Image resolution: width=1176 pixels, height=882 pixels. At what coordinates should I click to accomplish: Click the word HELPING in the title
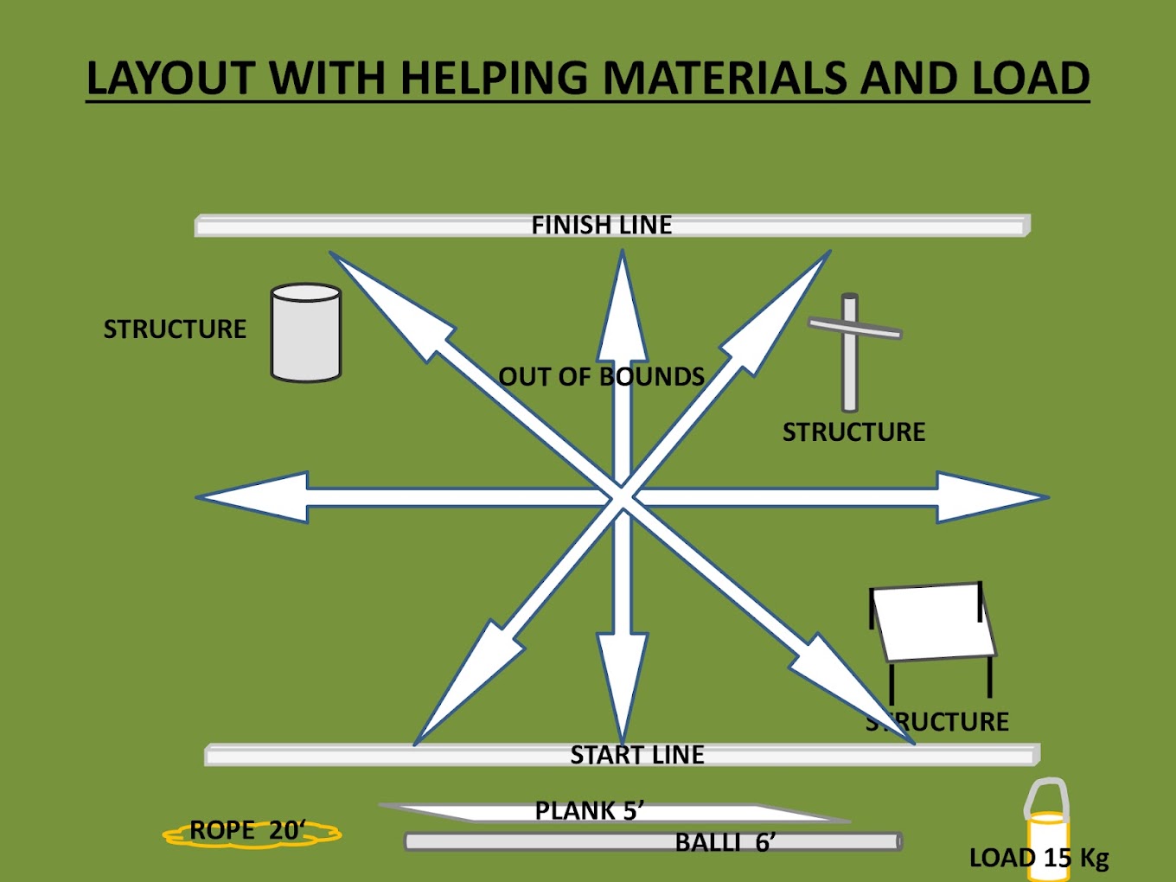point(495,79)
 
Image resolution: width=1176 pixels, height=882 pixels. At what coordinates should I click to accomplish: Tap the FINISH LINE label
point(601,226)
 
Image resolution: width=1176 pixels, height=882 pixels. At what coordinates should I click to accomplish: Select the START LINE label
point(637,755)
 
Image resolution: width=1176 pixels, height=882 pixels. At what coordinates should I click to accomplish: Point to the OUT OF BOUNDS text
point(601,377)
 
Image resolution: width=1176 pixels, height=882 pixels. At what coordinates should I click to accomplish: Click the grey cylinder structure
point(306,333)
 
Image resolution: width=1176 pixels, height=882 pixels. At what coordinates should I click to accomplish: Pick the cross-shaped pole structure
point(851,350)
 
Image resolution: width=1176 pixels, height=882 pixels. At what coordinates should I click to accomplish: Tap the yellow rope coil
point(252,833)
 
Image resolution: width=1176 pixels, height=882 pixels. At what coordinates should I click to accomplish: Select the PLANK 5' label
point(589,811)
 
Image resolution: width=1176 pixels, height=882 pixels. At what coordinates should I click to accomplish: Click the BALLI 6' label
point(725,842)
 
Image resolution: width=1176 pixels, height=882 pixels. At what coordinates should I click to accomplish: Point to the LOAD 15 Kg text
point(1039,858)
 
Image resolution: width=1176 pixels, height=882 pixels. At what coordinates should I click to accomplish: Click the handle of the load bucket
point(1046,794)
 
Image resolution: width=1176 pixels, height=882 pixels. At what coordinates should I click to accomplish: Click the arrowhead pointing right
point(990,497)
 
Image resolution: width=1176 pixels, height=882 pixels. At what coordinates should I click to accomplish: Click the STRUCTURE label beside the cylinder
point(175,329)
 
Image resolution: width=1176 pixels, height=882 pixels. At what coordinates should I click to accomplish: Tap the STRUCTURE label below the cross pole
point(853,432)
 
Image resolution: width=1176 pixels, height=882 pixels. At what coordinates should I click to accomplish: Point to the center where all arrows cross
point(622,497)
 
